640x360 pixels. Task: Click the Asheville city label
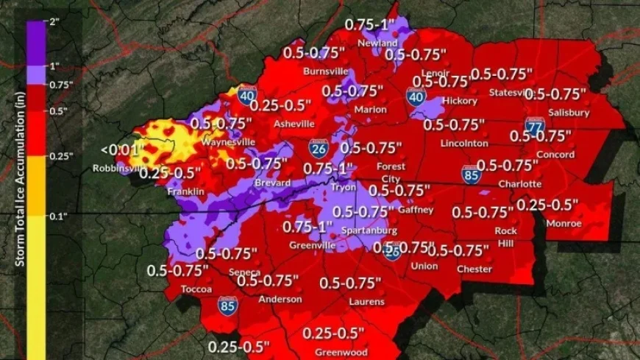[294, 124]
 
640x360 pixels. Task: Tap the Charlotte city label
[519, 183]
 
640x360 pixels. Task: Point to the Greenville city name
[307, 244]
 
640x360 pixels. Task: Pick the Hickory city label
[461, 100]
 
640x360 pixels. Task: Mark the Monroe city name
[564, 223]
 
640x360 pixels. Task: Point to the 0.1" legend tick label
[58, 216]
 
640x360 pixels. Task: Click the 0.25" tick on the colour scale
[60, 156]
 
